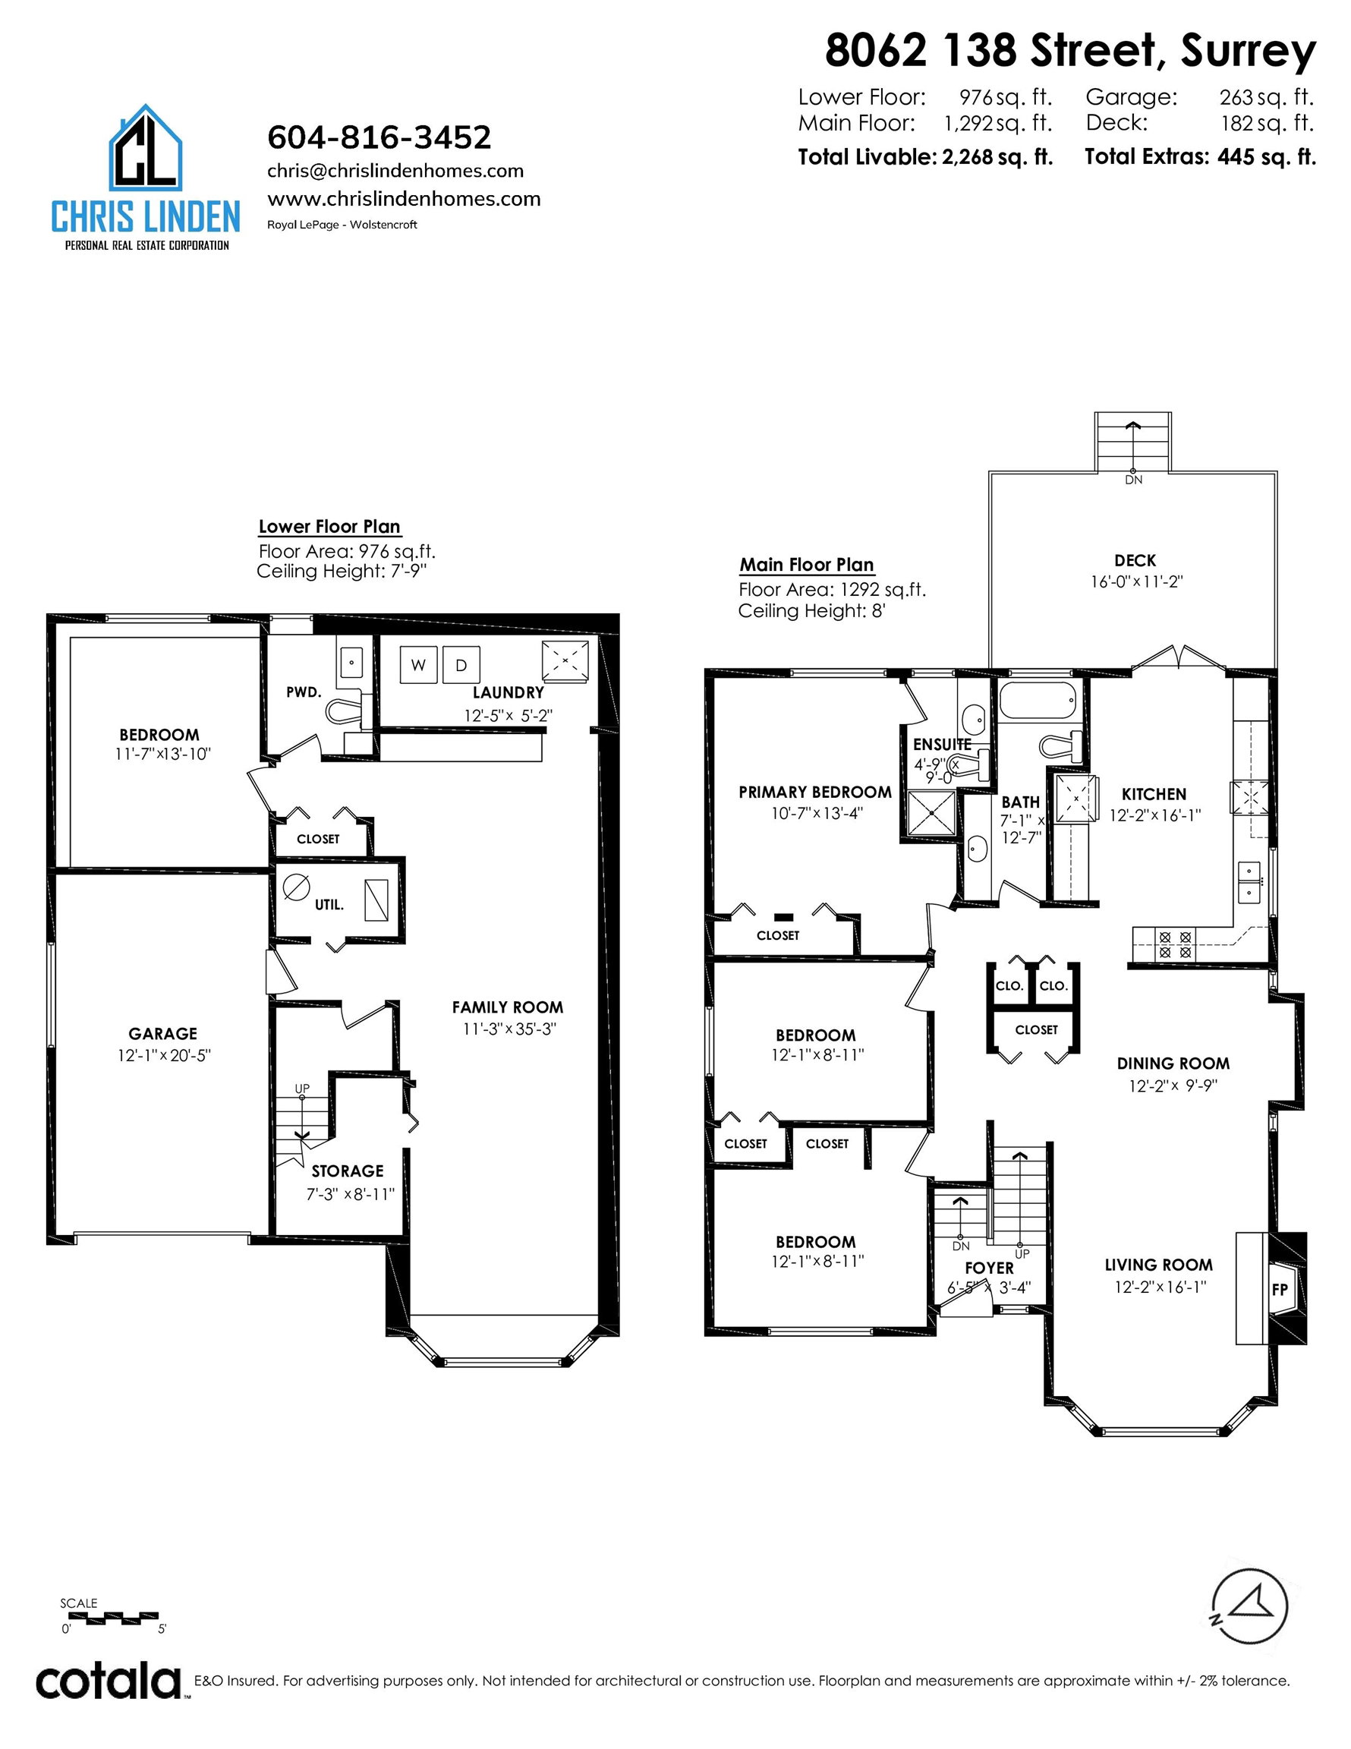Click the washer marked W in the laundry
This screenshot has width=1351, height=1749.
[418, 665]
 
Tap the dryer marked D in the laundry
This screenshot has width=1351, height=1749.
[461, 665]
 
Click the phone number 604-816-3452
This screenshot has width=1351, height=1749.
[379, 137]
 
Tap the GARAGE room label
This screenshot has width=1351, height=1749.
[162, 1034]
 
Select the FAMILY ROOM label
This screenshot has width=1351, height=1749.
[508, 1007]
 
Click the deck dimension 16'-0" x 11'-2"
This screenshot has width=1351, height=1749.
[1136, 582]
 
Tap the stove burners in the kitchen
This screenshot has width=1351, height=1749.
[1175, 945]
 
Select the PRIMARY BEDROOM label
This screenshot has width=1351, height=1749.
[814, 792]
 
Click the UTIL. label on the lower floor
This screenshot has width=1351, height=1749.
[329, 905]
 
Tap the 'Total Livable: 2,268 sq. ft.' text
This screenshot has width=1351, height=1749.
[925, 157]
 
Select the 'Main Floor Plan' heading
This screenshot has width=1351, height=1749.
[807, 565]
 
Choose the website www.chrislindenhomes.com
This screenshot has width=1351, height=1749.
[404, 199]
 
